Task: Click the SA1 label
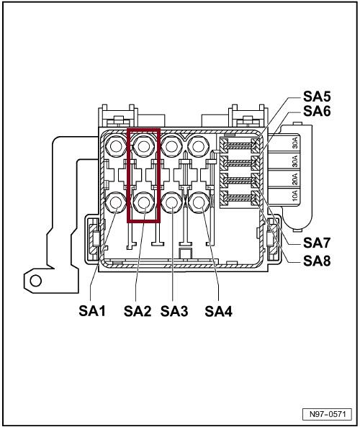point(92,311)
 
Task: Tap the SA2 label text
point(138,311)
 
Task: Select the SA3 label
point(174,311)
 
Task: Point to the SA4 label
point(218,311)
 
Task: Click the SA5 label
point(317,96)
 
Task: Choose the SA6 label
point(317,111)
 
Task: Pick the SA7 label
point(317,243)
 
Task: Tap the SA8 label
point(317,261)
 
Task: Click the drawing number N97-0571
point(328,414)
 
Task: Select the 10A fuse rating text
point(295,195)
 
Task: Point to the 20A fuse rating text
point(295,178)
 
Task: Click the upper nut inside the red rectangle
point(143,146)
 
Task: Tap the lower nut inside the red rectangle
point(143,202)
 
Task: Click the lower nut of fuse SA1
point(116,202)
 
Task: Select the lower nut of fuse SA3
point(171,202)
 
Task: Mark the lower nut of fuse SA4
point(199,202)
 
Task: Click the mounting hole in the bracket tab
point(36,281)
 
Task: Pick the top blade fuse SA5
point(240,144)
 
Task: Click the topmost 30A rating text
point(295,143)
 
